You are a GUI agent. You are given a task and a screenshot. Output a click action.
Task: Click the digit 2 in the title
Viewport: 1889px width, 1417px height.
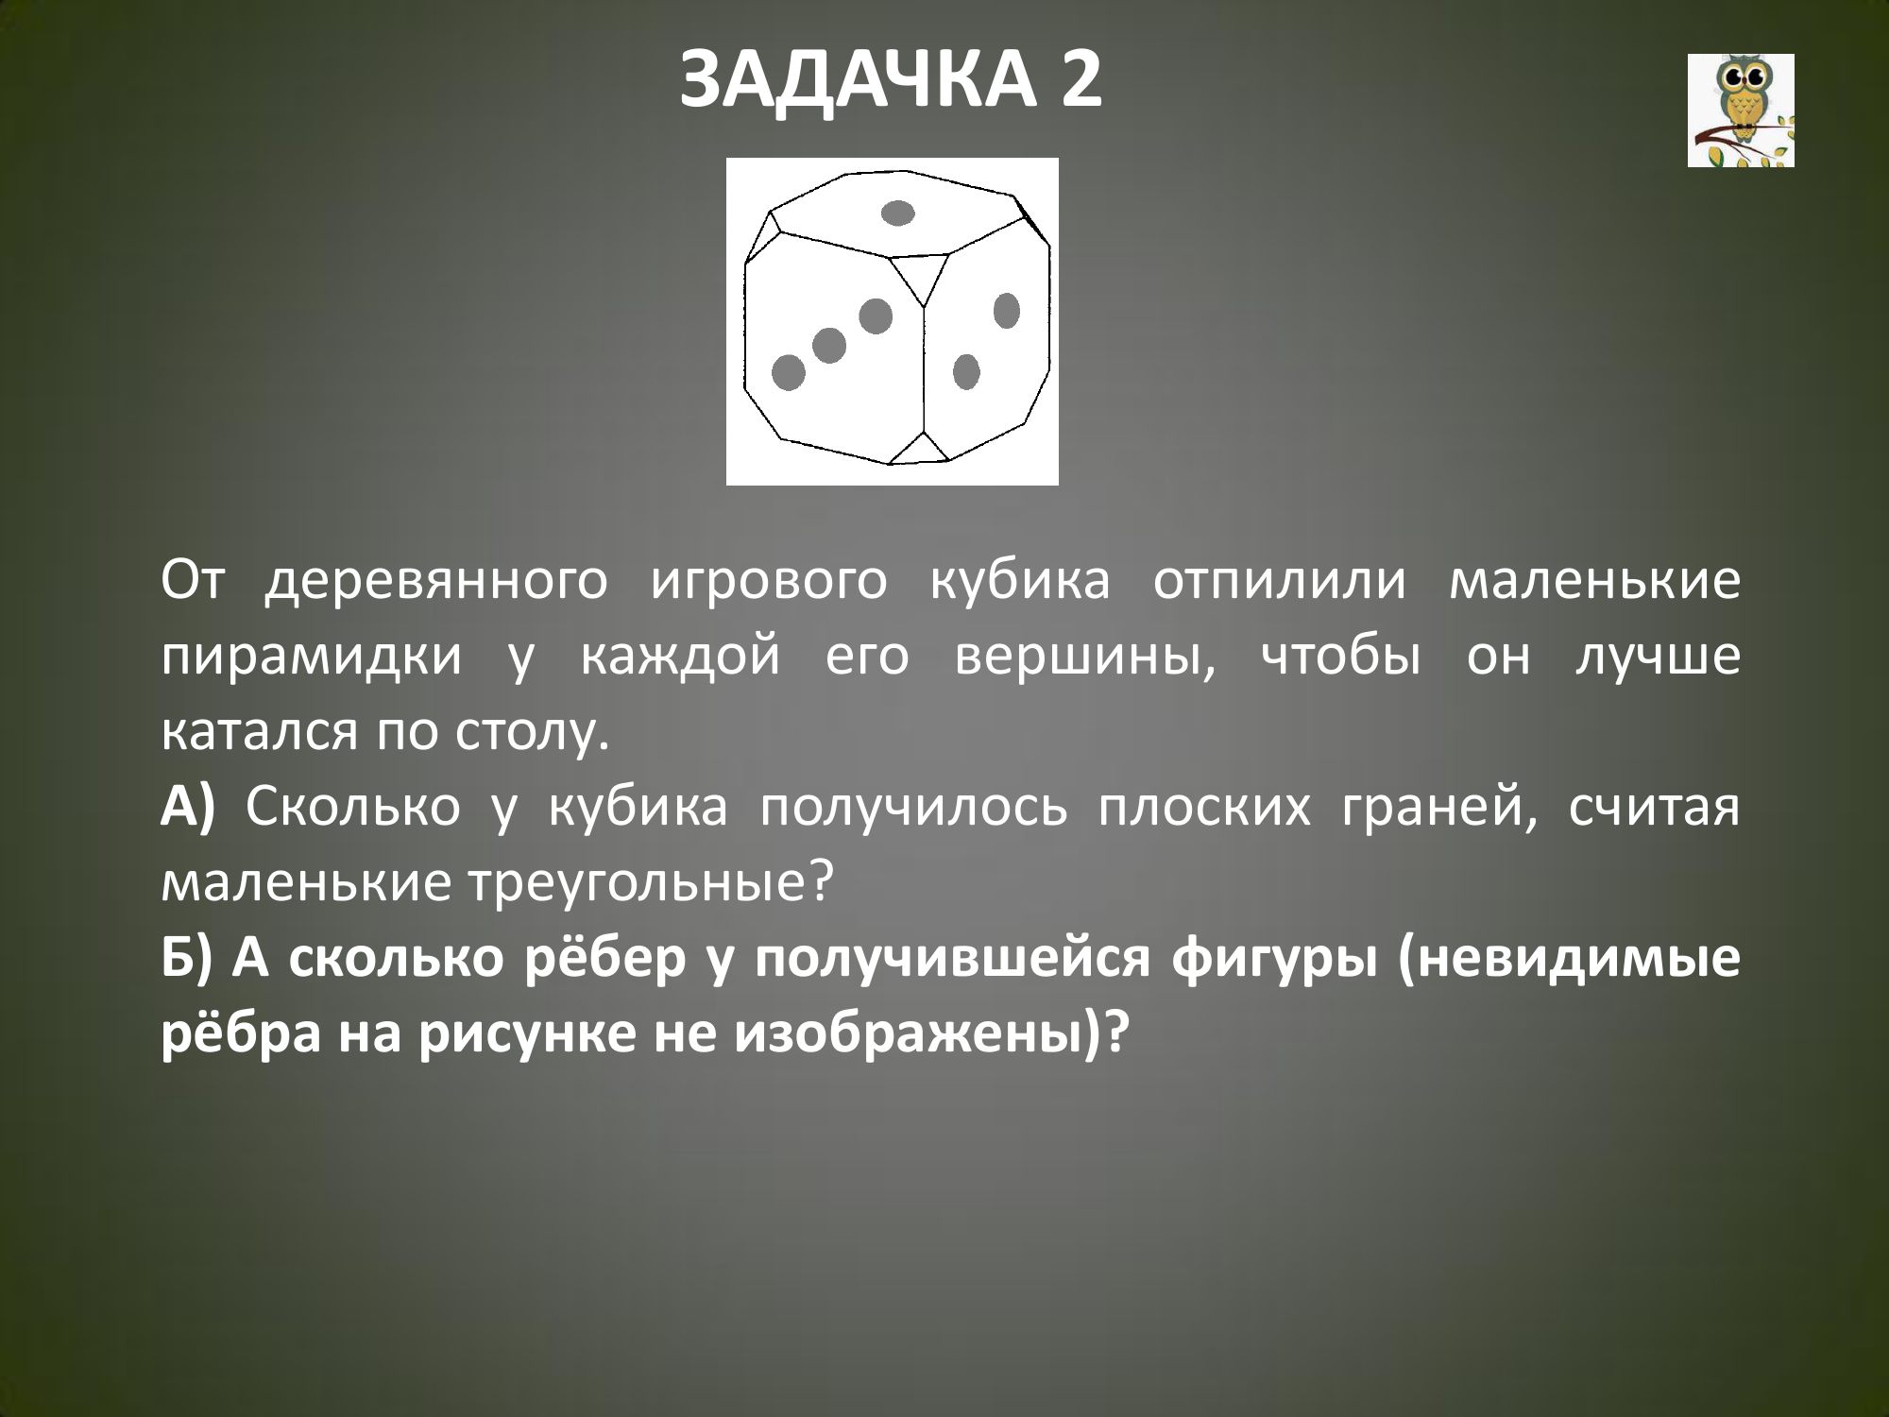point(1081,79)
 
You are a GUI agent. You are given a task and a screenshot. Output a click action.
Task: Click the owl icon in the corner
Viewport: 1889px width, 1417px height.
point(1741,111)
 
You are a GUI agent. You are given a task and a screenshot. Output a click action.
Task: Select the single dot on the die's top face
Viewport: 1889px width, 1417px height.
point(897,213)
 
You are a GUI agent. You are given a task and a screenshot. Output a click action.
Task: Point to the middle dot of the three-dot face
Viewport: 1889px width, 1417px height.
point(829,346)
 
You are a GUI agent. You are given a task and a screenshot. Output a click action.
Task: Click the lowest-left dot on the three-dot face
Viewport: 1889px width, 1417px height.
point(789,373)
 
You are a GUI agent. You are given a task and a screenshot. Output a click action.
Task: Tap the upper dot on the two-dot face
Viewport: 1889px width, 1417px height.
point(1007,311)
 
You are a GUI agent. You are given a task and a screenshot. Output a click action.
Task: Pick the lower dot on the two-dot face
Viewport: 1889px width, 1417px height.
point(965,371)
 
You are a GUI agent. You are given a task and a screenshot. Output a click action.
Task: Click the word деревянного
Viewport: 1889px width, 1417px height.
point(435,581)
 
